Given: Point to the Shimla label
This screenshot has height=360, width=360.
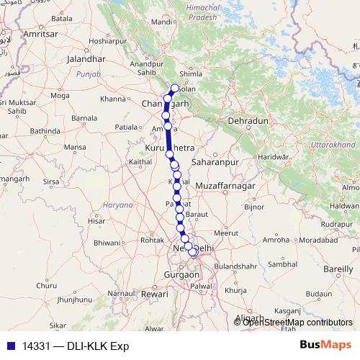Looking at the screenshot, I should point(210,73).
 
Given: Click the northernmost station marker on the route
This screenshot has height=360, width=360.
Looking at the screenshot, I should point(174,89).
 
